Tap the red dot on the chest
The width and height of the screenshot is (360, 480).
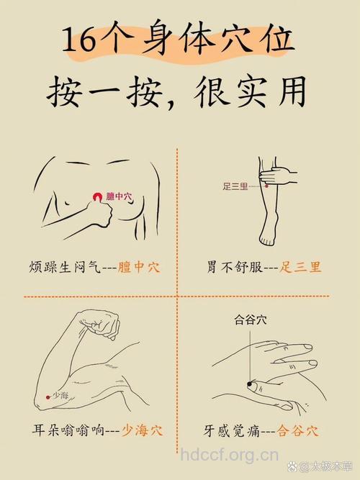point(96,196)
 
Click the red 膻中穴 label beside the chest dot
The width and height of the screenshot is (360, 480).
point(119,196)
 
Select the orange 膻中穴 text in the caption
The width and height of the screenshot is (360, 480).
point(139,267)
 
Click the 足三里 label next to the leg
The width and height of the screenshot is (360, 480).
point(235,186)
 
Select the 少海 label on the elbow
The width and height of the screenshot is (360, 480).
point(60,396)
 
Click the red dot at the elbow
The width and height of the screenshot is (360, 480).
point(48,396)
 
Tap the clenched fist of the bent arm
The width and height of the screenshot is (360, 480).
point(105,325)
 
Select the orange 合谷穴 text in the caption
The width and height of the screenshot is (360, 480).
point(298,431)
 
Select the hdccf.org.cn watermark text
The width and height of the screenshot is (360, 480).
point(229,455)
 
